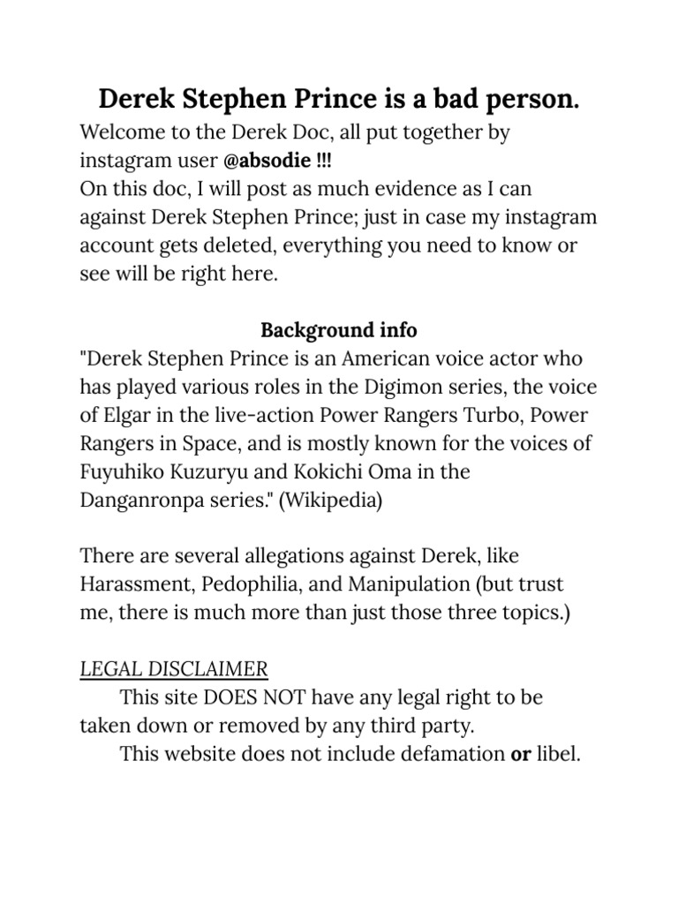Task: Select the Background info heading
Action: click(339, 330)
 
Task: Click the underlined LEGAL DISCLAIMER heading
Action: click(174, 668)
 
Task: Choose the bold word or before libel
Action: click(520, 754)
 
